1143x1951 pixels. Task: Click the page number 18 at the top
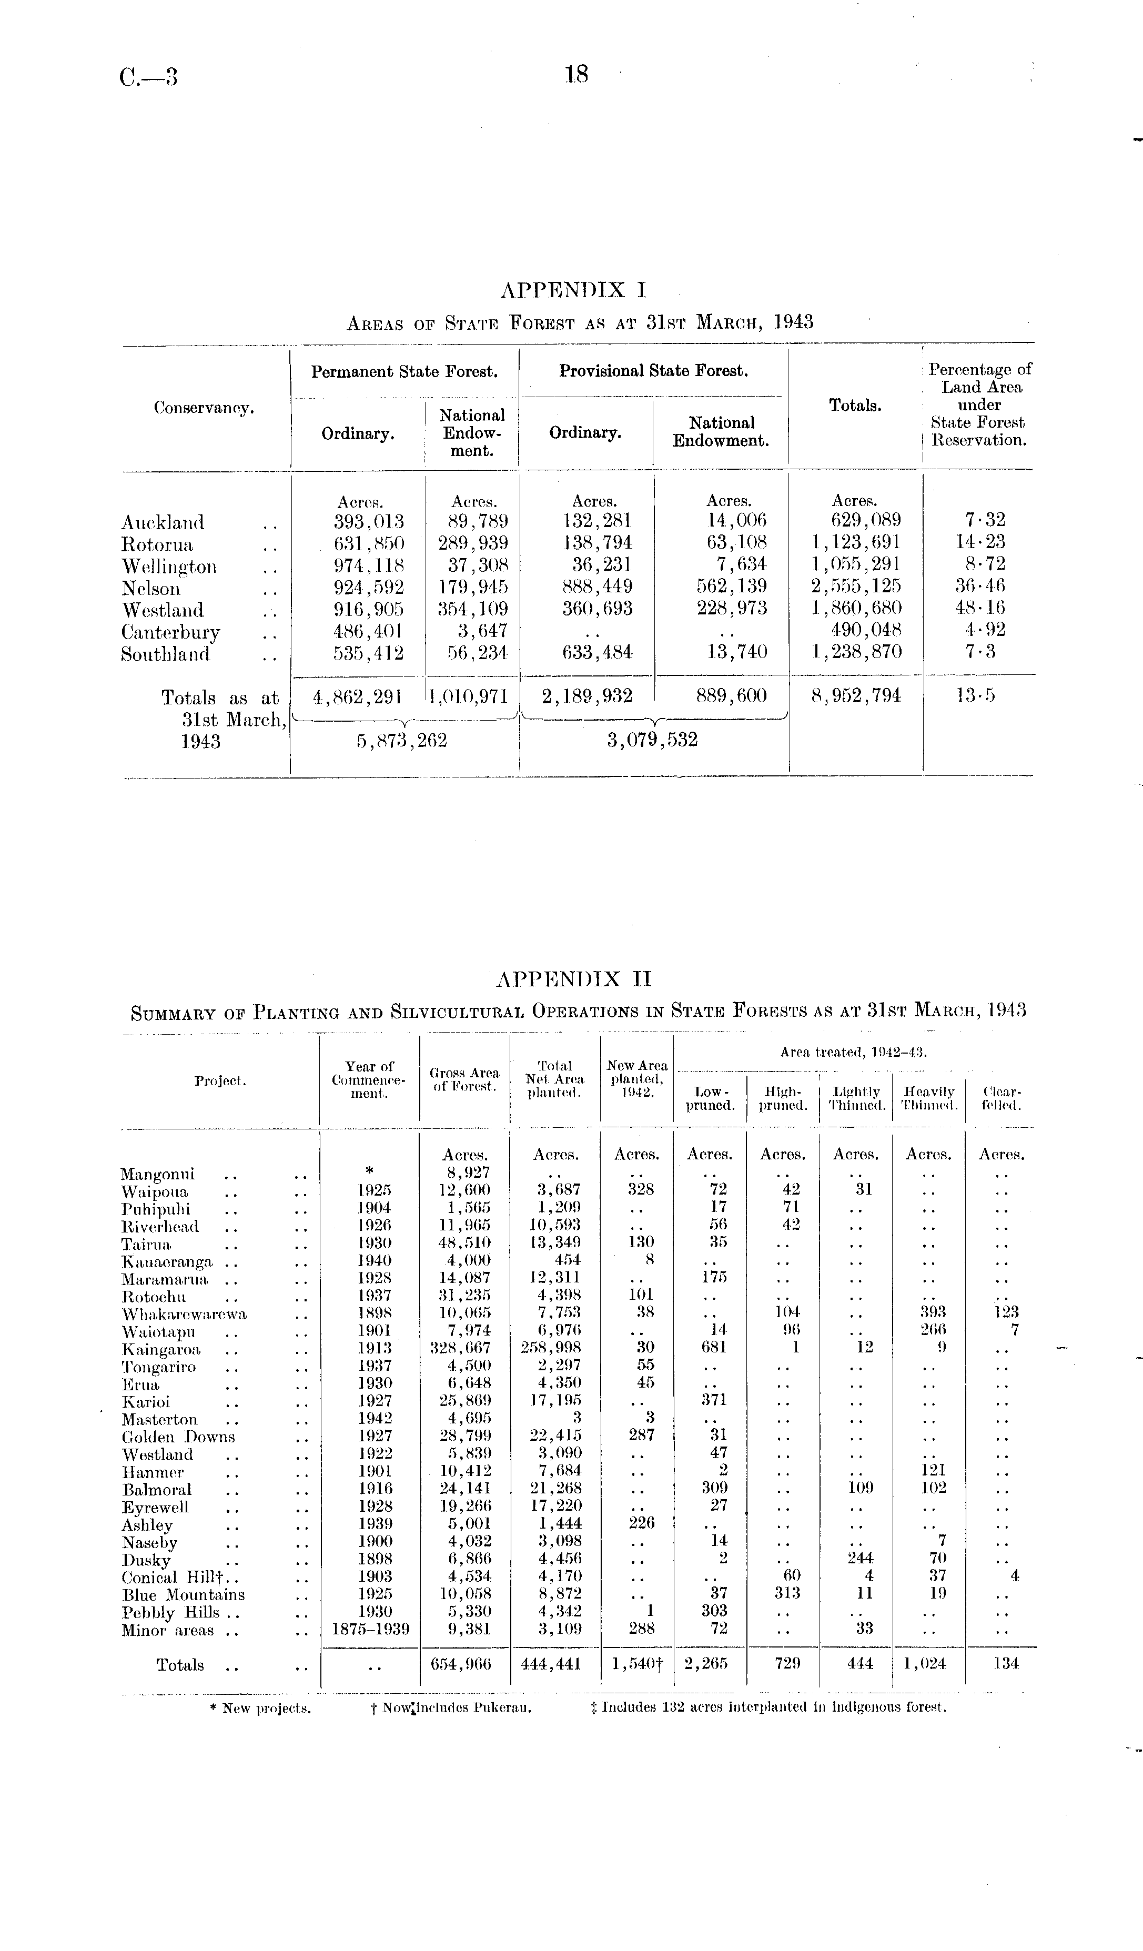pyautogui.click(x=577, y=74)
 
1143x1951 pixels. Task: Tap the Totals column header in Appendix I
pyautogui.click(x=855, y=405)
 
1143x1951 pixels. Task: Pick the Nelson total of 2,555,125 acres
pyautogui.click(x=856, y=586)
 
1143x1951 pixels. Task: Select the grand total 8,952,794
pyautogui.click(x=856, y=696)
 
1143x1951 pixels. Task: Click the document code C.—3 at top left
pyautogui.click(x=149, y=77)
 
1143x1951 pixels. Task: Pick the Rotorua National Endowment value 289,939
pyautogui.click(x=472, y=543)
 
